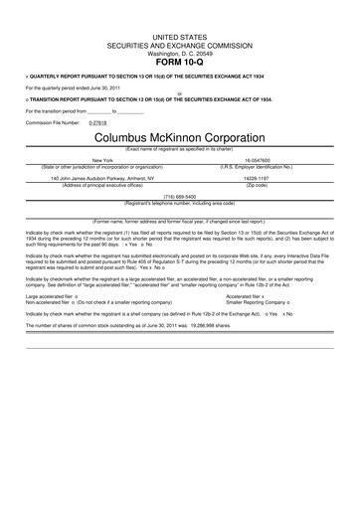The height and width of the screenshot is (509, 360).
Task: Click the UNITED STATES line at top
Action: (179, 33)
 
